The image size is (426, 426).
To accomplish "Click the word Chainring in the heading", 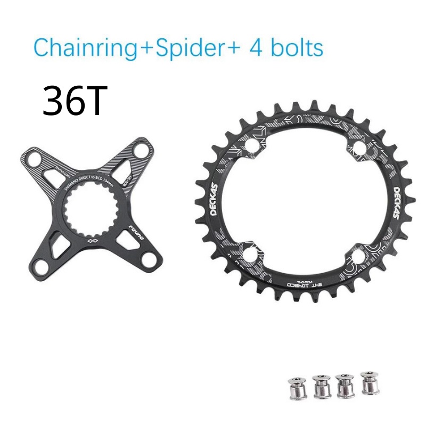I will pyautogui.click(x=85, y=47).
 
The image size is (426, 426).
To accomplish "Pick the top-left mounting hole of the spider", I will pyautogui.click(x=33, y=158).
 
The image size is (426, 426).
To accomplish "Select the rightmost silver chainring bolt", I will pyautogui.click(x=368, y=383).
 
